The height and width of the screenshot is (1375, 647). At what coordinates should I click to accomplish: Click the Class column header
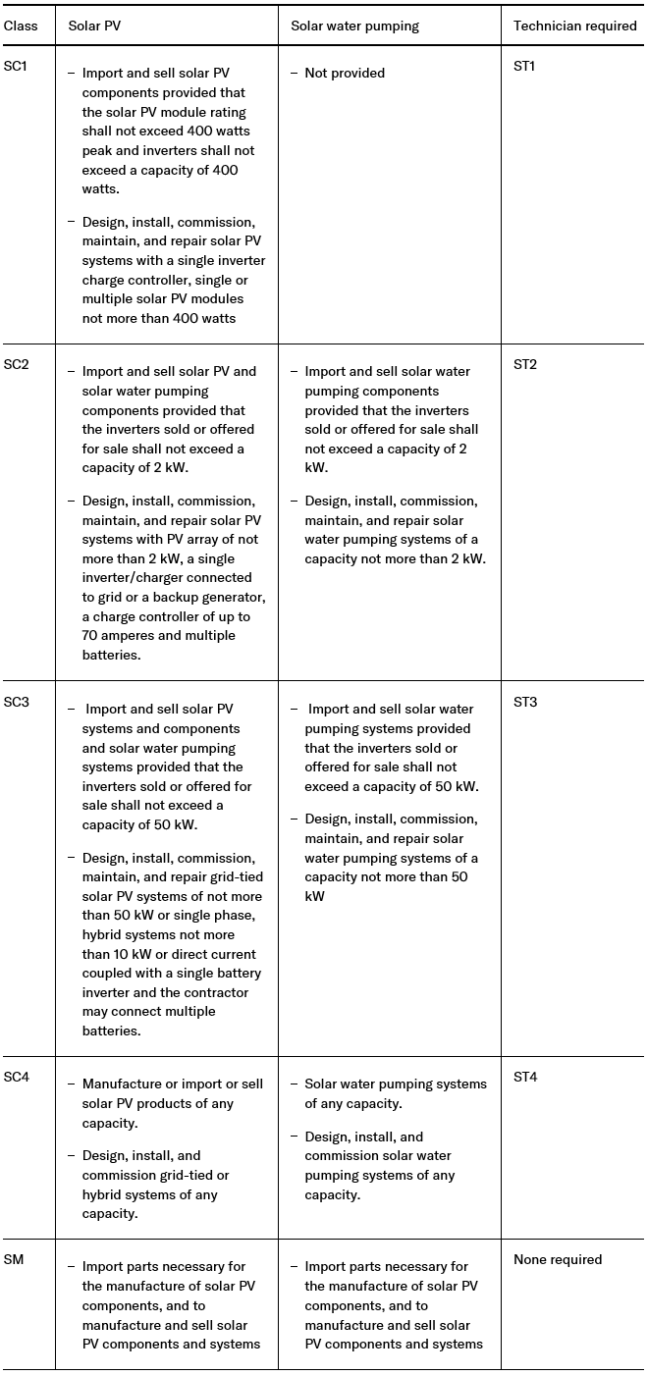[x=21, y=26]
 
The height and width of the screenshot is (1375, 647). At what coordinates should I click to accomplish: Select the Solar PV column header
[x=94, y=26]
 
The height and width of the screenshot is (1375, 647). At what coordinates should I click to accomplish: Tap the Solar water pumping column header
[x=354, y=26]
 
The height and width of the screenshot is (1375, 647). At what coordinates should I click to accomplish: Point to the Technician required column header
[x=574, y=26]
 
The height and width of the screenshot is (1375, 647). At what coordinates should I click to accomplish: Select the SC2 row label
[x=17, y=365]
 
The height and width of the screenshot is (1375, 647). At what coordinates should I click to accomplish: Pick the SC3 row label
[x=17, y=703]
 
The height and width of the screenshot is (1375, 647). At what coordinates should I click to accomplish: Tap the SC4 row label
[x=17, y=1078]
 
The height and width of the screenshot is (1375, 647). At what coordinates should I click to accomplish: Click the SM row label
[x=14, y=1260]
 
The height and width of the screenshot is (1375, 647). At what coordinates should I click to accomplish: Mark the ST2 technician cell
[x=525, y=365]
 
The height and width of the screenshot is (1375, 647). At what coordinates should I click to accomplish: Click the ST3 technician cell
[x=525, y=703]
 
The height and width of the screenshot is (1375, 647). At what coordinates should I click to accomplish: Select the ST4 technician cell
[x=525, y=1078]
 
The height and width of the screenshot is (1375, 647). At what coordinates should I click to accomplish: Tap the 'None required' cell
[x=558, y=1260]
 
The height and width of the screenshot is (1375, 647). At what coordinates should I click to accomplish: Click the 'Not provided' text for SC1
[x=345, y=74]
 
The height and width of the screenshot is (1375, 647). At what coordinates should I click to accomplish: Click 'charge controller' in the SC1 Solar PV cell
[x=136, y=280]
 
